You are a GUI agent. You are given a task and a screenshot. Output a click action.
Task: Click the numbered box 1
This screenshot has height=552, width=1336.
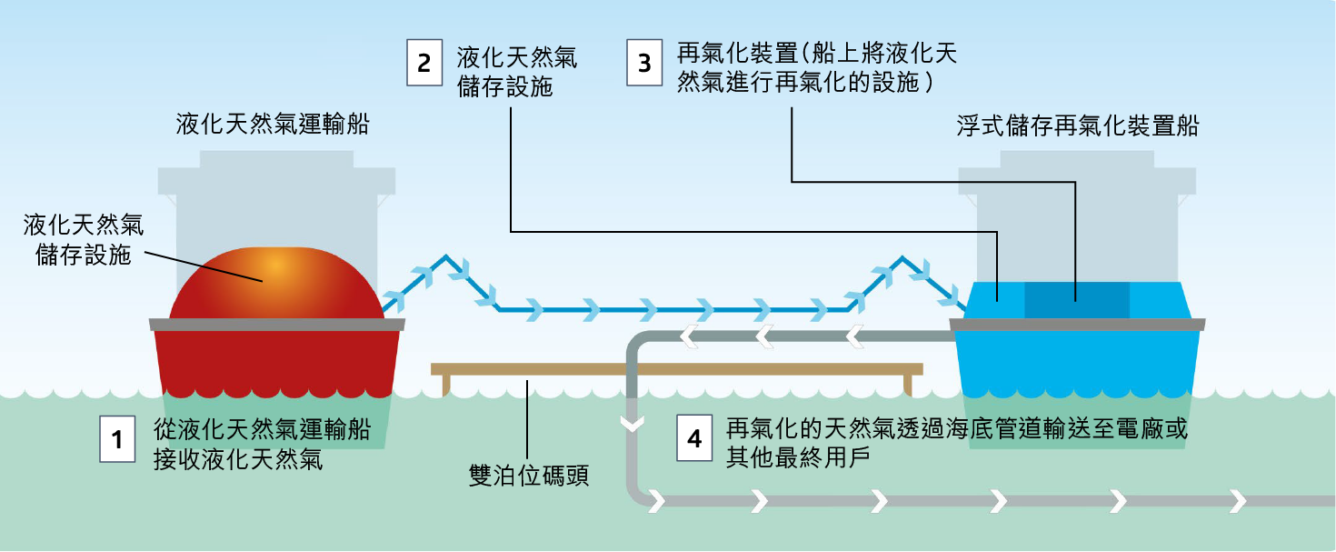click(117, 440)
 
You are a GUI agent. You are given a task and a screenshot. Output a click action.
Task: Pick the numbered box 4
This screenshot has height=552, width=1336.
click(695, 440)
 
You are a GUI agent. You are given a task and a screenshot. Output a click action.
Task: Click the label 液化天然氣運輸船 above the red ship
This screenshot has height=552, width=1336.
click(273, 125)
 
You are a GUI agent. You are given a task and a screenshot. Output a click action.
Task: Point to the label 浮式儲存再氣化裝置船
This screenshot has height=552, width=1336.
click(1077, 125)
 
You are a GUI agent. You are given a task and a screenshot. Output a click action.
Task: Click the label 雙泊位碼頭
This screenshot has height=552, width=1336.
click(529, 475)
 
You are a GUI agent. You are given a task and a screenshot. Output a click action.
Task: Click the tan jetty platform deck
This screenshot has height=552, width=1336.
click(676, 368)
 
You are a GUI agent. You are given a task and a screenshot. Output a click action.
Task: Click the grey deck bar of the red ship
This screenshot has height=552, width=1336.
click(276, 324)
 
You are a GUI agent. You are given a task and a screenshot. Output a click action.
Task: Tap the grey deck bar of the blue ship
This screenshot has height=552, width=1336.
click(1077, 324)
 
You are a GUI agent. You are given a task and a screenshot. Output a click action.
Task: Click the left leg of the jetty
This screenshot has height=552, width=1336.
click(444, 385)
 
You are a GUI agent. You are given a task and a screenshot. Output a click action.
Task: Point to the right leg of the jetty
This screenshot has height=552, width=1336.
click(910, 385)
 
